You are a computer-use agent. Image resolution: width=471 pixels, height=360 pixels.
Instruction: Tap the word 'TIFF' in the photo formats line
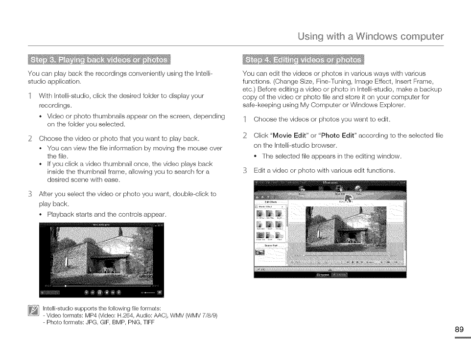146,322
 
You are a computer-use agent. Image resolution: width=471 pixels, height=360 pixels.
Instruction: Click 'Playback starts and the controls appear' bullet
107,214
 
